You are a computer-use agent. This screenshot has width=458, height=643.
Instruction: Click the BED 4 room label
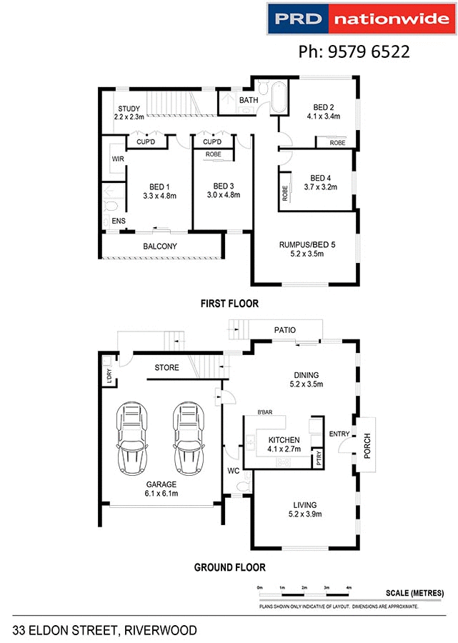click(321, 178)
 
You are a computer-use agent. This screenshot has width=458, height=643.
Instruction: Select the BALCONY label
click(160, 246)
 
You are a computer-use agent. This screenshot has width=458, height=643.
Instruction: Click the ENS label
click(118, 221)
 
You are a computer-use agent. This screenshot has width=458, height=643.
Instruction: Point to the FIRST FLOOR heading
click(229, 304)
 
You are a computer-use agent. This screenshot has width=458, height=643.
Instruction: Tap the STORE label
click(167, 368)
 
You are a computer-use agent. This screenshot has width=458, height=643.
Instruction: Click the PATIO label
click(285, 329)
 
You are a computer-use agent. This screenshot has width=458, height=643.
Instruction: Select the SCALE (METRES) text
click(414, 593)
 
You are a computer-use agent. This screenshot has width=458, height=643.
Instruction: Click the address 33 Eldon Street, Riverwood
click(104, 630)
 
